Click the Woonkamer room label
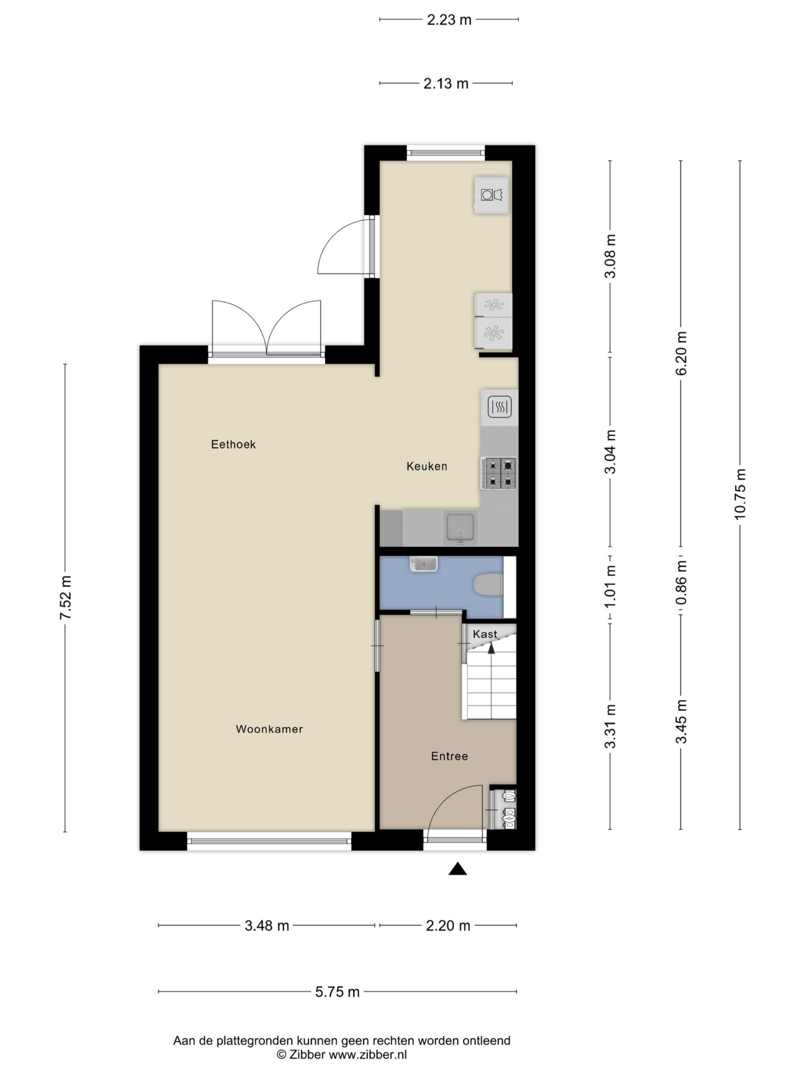click(x=269, y=729)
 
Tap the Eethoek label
click(x=233, y=444)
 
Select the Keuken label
click(x=426, y=466)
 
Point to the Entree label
click(x=450, y=756)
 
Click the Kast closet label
click(x=485, y=634)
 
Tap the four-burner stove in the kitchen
click(x=499, y=473)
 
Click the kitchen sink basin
click(x=459, y=528)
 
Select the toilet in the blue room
click(x=488, y=585)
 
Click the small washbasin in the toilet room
click(x=424, y=564)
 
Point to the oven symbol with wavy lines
click(x=500, y=407)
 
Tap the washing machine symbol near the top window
click(x=492, y=195)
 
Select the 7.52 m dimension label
click(x=65, y=598)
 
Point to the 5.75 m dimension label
click(x=337, y=992)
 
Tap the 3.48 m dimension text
click(x=267, y=926)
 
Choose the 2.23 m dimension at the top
click(x=449, y=20)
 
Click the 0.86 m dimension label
click(x=681, y=581)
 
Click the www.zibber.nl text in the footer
click(x=368, y=1055)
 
